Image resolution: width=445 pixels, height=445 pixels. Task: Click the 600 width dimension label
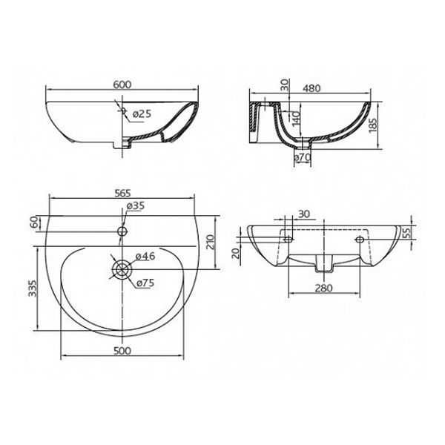click(x=122, y=85)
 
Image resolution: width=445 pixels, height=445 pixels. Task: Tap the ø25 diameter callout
click(x=142, y=114)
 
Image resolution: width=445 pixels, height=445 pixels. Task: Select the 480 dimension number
click(x=311, y=88)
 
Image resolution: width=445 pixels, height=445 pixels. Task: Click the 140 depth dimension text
click(x=296, y=119)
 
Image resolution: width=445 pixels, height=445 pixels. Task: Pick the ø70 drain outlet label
click(x=303, y=156)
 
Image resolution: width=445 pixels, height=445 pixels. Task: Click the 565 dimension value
click(x=122, y=194)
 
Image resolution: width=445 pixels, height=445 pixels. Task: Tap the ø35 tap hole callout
click(x=136, y=205)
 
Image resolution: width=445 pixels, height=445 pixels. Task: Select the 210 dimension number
click(x=211, y=242)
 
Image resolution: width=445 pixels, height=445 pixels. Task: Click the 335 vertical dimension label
click(x=33, y=289)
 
